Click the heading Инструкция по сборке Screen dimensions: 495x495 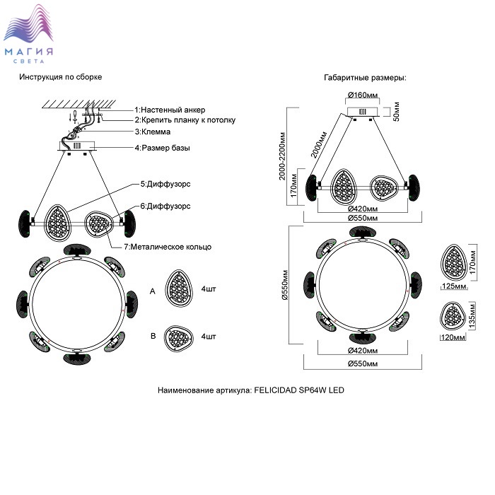pos(61,77)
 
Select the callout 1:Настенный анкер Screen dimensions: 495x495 pos(170,110)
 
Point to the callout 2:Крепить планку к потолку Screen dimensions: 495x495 pos(185,120)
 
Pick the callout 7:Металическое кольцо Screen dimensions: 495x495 pos(167,247)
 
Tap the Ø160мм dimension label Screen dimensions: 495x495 pos(363,95)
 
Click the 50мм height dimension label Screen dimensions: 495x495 pos(396,112)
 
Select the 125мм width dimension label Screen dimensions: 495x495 pos(453,287)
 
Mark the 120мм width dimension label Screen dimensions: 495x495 pos(453,338)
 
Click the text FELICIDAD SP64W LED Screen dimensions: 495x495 pos(298,390)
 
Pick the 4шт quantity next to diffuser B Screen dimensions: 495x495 pos(208,337)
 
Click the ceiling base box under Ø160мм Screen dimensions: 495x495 pos(363,111)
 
